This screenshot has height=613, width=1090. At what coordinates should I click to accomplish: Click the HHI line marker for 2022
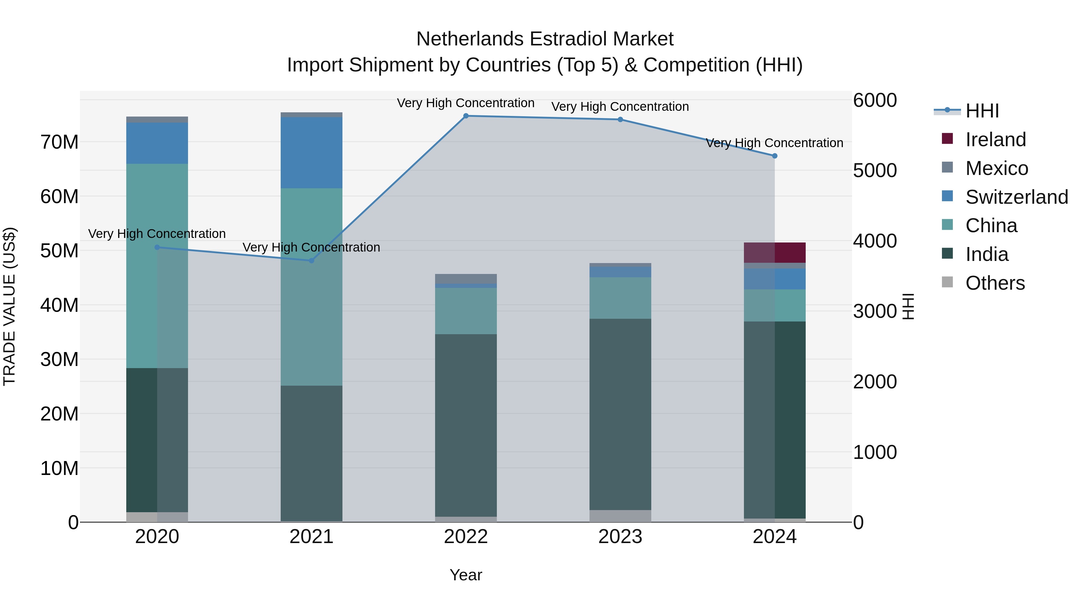coord(466,116)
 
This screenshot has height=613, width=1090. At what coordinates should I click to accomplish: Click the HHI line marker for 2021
coord(312,261)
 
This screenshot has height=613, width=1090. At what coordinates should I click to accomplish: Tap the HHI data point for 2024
coord(775,156)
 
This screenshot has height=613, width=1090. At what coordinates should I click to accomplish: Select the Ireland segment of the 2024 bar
coord(775,252)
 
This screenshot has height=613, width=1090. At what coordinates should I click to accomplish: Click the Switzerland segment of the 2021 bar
coord(312,152)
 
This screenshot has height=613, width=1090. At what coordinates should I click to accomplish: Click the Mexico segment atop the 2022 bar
coord(466,278)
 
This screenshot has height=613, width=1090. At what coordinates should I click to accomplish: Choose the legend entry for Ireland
coord(995,140)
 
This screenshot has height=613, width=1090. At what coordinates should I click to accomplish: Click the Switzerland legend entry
coord(1016,197)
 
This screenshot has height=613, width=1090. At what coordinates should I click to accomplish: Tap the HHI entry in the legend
coord(982,111)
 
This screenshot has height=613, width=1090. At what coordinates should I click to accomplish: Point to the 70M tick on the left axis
coord(59,142)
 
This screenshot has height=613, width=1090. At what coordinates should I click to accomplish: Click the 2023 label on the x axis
coord(620,537)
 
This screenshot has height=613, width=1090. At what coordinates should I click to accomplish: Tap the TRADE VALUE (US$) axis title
coord(9,306)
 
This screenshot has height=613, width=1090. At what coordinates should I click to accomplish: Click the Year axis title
coord(466,575)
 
